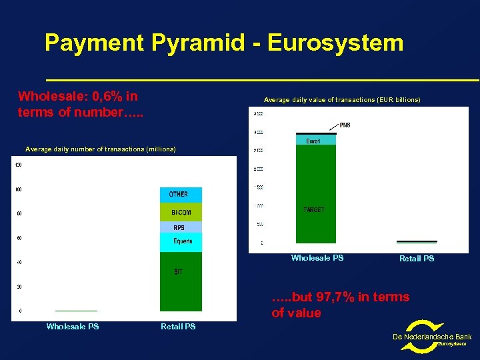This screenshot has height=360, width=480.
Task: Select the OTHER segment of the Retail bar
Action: (180, 194)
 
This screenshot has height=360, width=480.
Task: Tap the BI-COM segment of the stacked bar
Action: (181, 212)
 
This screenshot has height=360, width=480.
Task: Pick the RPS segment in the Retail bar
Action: (180, 227)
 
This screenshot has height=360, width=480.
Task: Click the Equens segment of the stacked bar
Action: (181, 241)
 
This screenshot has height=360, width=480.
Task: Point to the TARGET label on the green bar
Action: (315, 209)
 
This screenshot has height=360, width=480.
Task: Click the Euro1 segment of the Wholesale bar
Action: (316, 140)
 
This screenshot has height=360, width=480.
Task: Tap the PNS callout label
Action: (345, 125)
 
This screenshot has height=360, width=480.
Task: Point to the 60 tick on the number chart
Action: (19, 238)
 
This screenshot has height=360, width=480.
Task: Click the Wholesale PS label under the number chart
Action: (73, 327)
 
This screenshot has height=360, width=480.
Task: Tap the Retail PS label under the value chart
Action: (417, 259)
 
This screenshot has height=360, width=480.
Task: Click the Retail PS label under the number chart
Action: (178, 327)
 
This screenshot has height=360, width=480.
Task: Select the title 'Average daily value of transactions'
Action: (342, 100)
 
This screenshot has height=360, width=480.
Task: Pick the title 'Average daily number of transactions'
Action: (100, 149)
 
